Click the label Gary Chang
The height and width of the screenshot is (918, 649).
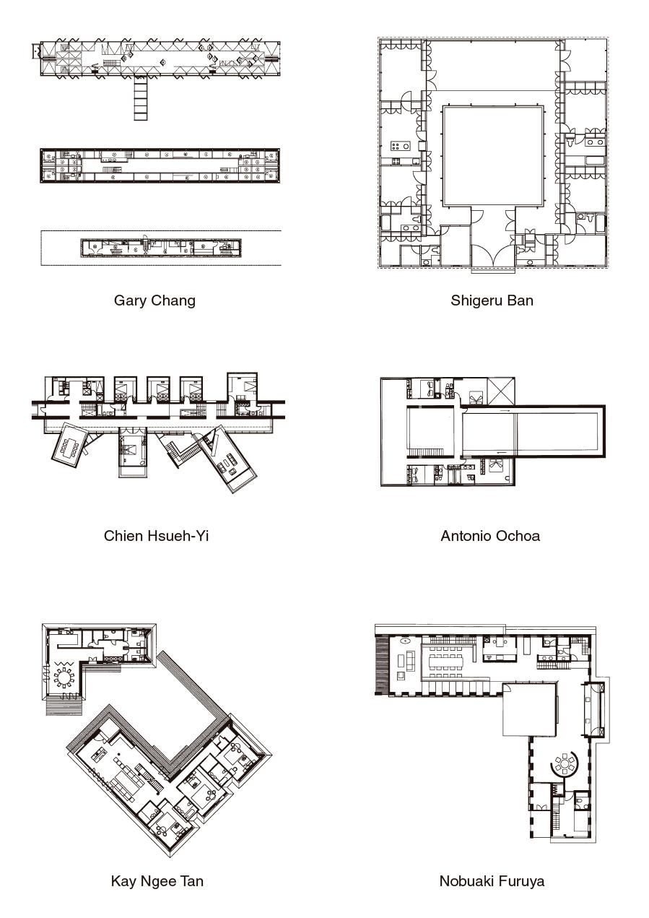[x=154, y=300]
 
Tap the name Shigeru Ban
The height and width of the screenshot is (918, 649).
[x=492, y=300]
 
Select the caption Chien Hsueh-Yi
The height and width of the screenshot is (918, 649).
[x=156, y=536]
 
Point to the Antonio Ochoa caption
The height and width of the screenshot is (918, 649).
[x=490, y=536]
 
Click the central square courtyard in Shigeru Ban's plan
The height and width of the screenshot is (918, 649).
[x=494, y=156]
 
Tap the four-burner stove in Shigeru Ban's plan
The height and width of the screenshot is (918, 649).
[x=400, y=145]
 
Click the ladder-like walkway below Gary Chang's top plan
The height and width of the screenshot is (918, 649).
[x=140, y=98]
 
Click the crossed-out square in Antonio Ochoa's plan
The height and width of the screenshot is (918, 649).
[x=501, y=391]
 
